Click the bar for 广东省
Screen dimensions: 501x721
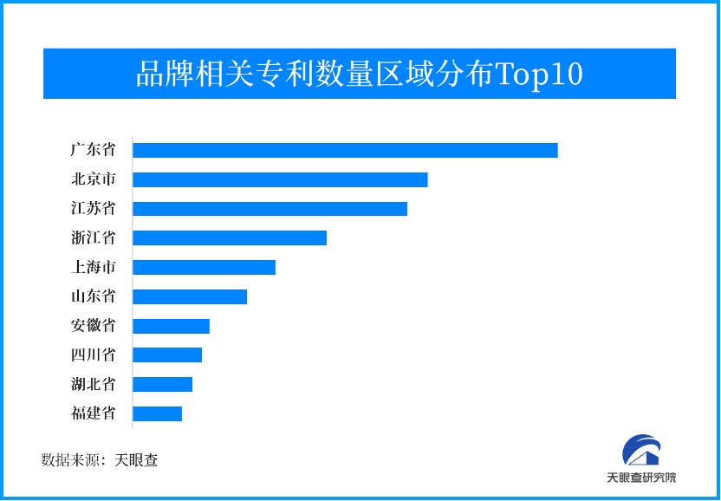pyautogui.click(x=345, y=150)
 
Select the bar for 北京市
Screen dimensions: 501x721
pyautogui.click(x=280, y=179)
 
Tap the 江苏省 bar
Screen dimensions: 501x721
pyautogui.click(x=270, y=209)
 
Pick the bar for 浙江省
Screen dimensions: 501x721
pyautogui.click(x=230, y=237)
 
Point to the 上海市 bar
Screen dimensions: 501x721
pyautogui.click(x=204, y=267)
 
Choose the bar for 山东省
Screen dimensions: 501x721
pyautogui.click(x=190, y=296)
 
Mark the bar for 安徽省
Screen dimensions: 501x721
pyautogui.click(x=171, y=326)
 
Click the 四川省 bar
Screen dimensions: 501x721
pyautogui.click(x=167, y=355)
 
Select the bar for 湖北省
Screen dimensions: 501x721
pyautogui.click(x=162, y=384)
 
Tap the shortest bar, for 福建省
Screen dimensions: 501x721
pyautogui.click(x=157, y=413)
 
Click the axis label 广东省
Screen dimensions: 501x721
pyautogui.click(x=93, y=150)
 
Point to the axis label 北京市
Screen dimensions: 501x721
pyautogui.click(x=93, y=179)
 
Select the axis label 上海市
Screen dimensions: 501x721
pyautogui.click(x=93, y=267)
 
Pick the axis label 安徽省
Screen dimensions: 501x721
pyautogui.click(x=93, y=326)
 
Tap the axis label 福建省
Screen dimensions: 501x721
pyautogui.click(x=93, y=413)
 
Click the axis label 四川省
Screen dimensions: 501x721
pyautogui.click(x=93, y=355)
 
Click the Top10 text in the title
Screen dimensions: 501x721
pyautogui.click(x=538, y=75)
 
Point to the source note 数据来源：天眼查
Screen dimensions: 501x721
pyautogui.click(x=100, y=460)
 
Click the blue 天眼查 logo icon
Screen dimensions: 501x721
pyautogui.click(x=641, y=451)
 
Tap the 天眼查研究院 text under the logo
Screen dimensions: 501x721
pyautogui.click(x=641, y=478)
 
